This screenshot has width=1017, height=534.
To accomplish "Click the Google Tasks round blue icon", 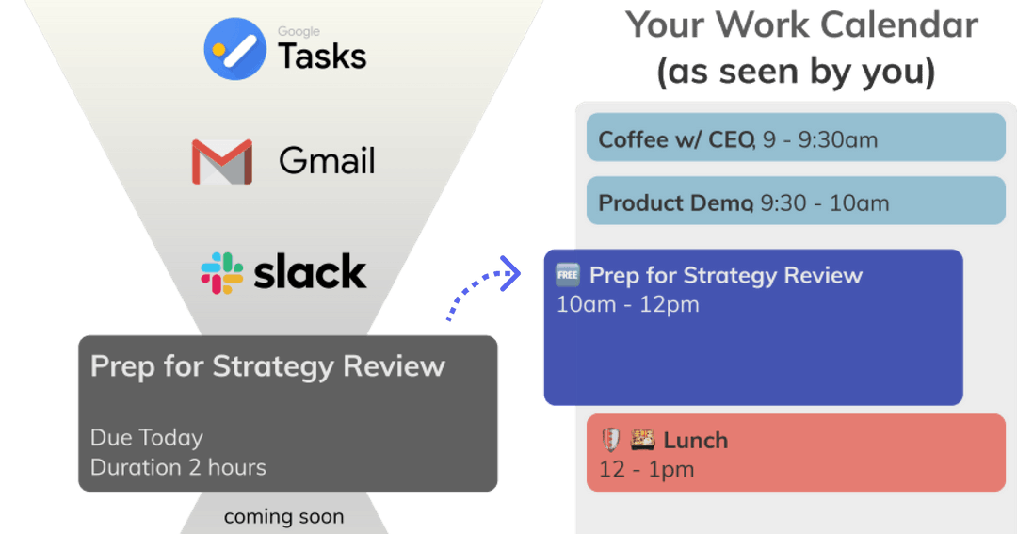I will pos(235,49).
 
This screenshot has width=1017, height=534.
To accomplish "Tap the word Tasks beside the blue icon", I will pos(322,57).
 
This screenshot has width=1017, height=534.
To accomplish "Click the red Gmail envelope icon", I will pos(221,161).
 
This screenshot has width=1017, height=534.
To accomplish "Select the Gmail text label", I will pos(327,161).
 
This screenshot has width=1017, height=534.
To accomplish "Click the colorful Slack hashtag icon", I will pos(221,272).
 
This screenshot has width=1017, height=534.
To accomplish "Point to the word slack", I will pos(310,272).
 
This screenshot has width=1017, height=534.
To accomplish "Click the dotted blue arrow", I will pos(483,289).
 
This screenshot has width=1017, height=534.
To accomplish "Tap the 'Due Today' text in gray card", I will pos(146,438).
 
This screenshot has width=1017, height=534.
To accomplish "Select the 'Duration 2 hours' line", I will pos(178,467).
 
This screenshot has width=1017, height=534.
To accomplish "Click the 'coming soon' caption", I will pos(283,517).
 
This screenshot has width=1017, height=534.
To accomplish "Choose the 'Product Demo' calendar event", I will pos(796,202).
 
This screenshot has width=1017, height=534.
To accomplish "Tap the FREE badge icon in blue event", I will pos(567,275).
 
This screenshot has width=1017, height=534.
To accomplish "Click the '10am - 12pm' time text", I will pos(627,305).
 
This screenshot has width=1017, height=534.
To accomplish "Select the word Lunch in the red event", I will pos(695,440).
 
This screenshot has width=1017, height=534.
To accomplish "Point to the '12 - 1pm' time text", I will pos(646,469).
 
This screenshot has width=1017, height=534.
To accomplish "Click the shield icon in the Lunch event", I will pos(610,440).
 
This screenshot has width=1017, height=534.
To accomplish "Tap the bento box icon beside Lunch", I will pos(642,440).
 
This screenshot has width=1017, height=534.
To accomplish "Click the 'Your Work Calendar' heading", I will pos(802,25).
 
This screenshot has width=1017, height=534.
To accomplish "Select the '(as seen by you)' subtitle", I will pos(796,73).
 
